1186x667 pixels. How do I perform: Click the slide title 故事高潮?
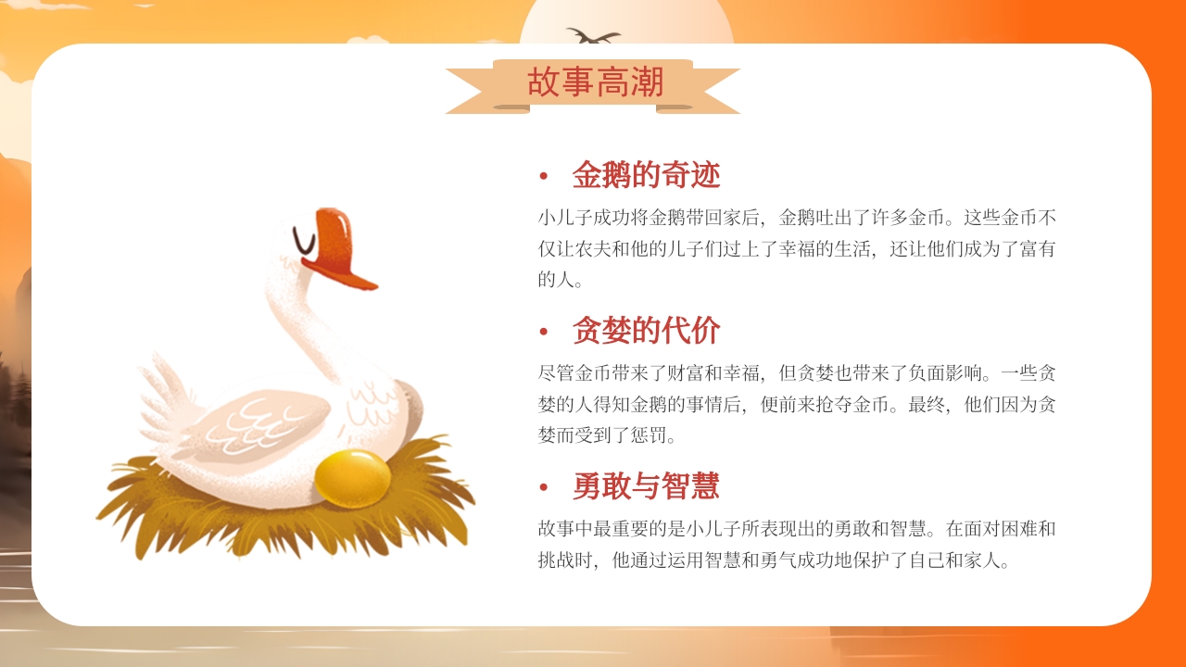(595, 82)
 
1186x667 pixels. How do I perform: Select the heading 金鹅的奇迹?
(646, 174)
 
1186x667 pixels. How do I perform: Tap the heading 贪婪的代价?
(646, 330)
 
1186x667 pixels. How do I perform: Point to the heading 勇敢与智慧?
(646, 485)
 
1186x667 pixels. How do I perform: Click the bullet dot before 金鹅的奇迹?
(544, 176)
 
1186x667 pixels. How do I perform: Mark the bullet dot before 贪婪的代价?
(544, 332)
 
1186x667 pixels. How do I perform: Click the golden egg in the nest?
(352, 478)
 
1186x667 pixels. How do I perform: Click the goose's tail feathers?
(167, 398)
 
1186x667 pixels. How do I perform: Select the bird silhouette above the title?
(593, 37)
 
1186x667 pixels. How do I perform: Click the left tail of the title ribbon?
(471, 91)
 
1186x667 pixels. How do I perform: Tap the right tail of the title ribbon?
(715, 91)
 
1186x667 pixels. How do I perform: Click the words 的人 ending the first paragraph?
(556, 279)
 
